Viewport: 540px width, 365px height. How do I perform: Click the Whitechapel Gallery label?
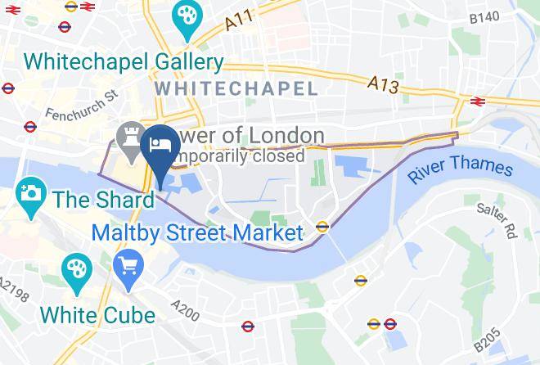click(124, 62)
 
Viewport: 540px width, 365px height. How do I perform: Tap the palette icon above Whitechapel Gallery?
click(187, 18)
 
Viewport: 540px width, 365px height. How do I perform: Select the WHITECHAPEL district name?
click(235, 88)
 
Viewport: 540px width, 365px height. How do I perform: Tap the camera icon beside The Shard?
click(30, 196)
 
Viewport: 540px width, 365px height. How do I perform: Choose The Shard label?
click(104, 199)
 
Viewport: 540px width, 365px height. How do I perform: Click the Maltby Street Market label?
click(197, 232)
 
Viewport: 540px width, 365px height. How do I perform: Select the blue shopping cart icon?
click(128, 267)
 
